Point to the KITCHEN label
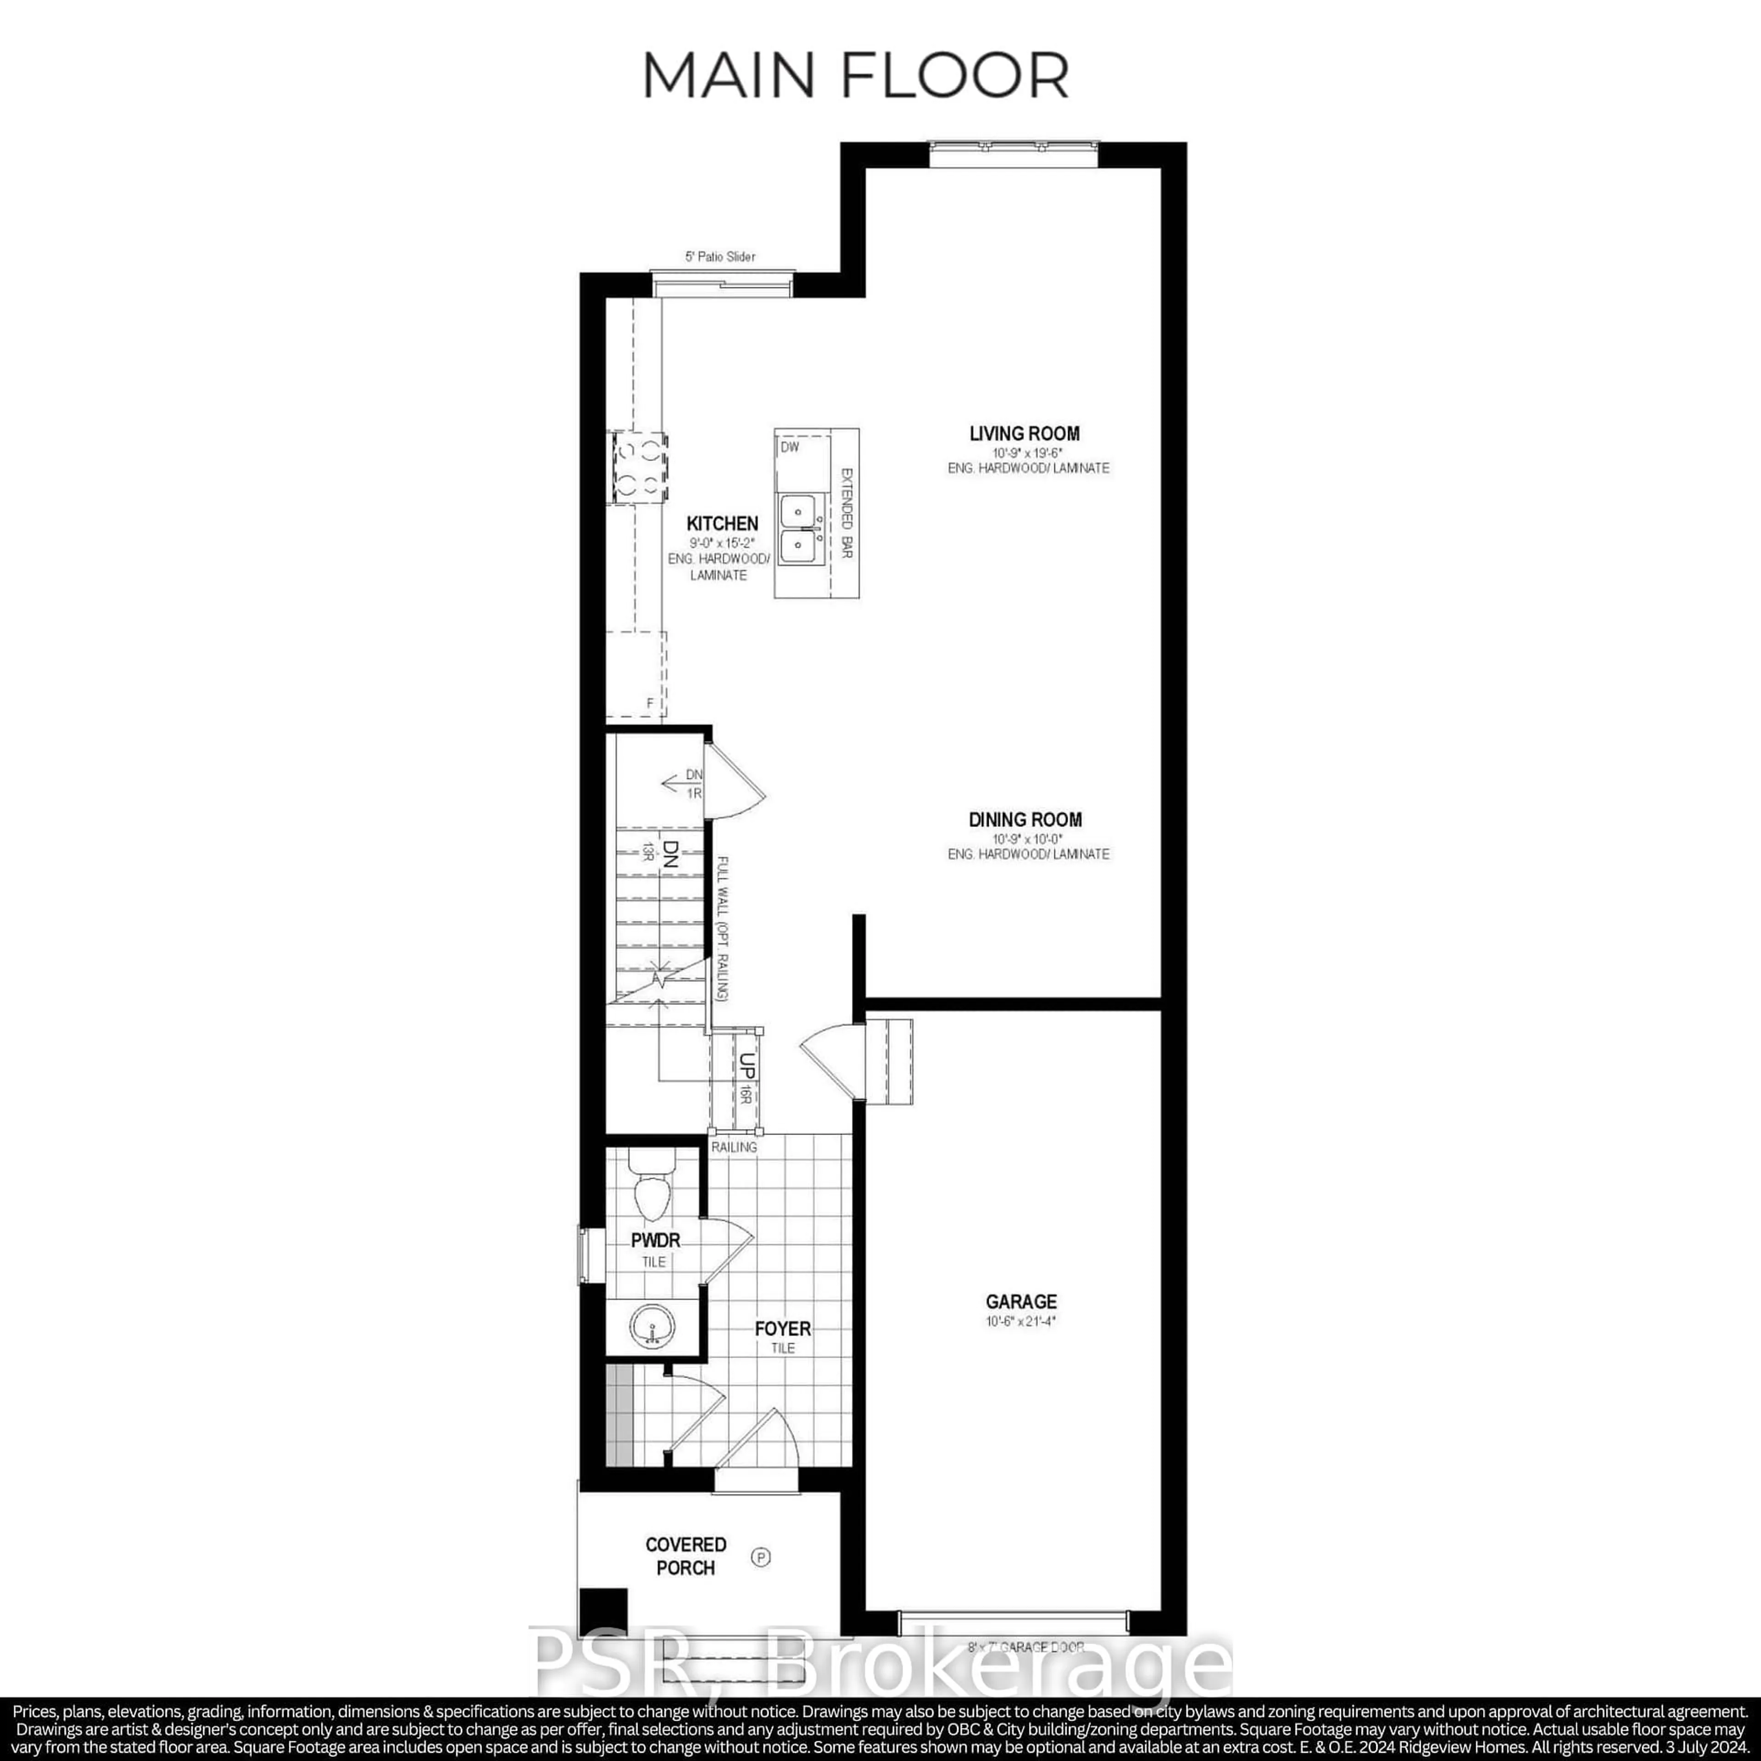(722, 523)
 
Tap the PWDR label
(655, 1240)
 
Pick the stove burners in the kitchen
(638, 466)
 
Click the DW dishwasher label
(789, 448)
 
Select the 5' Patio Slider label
(720, 257)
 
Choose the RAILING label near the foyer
(734, 1146)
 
